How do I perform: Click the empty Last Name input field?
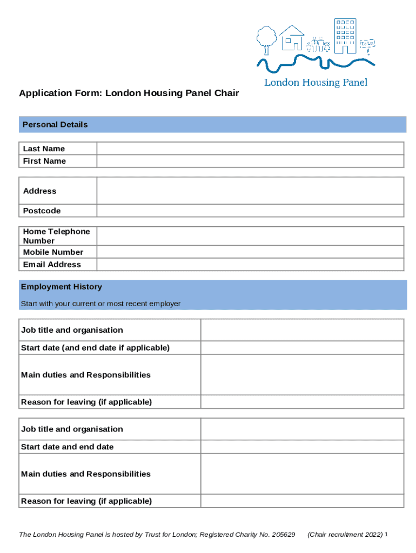coord(250,149)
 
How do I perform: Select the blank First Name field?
coord(250,161)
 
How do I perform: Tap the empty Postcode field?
coord(250,211)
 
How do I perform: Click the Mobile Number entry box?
coord(250,252)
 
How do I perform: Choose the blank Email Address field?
coord(250,265)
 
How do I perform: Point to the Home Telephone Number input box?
coord(250,236)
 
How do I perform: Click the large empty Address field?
coord(250,191)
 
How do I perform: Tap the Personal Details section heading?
coord(55,125)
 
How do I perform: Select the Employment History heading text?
coord(61,287)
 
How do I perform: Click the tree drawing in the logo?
coord(265,38)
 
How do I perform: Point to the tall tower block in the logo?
coord(345,36)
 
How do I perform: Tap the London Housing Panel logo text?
coord(316,83)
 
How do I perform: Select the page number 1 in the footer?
coord(387,534)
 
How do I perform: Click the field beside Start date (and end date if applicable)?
coord(302,348)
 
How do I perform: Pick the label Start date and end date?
coord(68,447)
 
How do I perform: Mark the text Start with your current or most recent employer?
coord(100,304)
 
